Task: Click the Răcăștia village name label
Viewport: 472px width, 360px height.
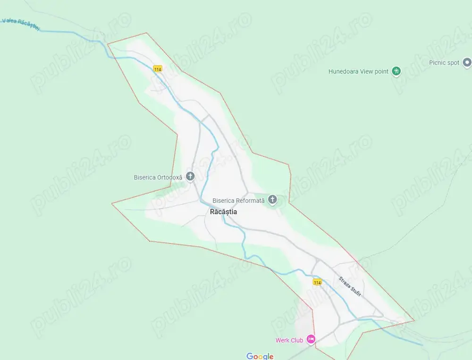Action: [x=223, y=212]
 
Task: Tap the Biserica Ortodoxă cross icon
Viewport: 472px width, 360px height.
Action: [x=190, y=177]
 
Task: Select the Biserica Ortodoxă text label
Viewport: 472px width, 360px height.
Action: [x=158, y=178]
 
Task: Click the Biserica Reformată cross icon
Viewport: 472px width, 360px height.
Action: [x=272, y=200]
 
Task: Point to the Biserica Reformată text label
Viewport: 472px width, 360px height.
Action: [x=238, y=201]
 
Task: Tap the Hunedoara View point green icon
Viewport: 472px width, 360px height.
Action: [x=396, y=71]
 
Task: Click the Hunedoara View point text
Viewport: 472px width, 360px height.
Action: [x=358, y=72]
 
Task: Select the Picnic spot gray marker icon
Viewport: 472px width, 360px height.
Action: [x=467, y=62]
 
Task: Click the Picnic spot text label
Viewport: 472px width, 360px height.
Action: [x=444, y=63]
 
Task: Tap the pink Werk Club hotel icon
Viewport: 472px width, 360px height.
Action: [x=311, y=339]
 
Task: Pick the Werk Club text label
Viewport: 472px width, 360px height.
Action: [x=289, y=340]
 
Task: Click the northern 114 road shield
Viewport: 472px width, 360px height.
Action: [x=158, y=69]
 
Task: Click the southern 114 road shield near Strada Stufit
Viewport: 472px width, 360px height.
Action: [x=317, y=282]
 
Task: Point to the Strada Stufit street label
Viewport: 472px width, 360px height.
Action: [x=350, y=286]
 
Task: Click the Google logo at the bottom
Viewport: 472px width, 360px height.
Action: [x=260, y=356]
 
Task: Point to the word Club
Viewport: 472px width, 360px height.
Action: [x=296, y=340]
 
